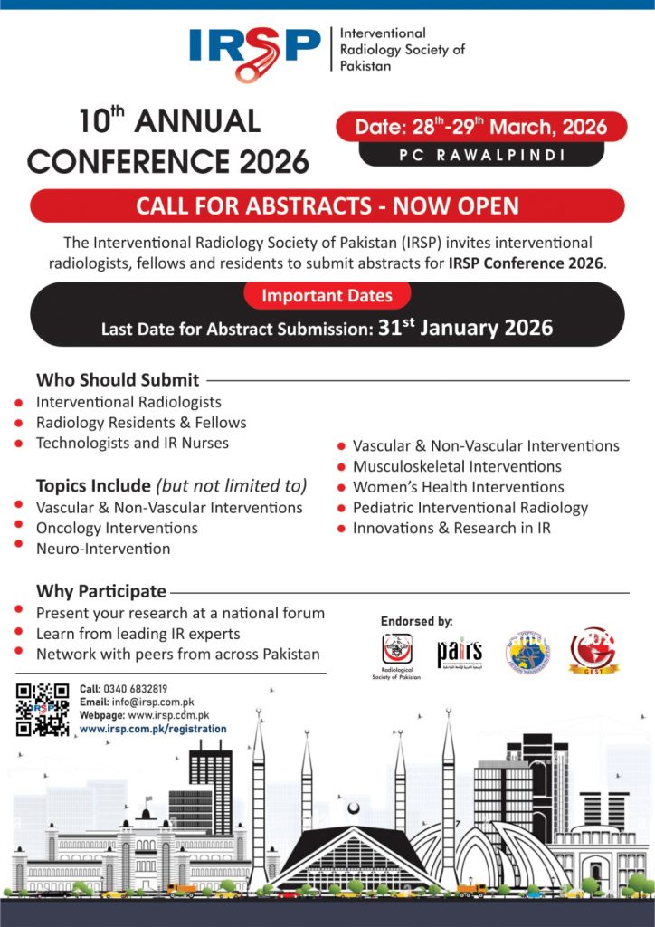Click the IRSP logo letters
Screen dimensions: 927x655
click(x=254, y=44)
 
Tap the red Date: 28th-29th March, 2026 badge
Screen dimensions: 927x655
click(x=480, y=126)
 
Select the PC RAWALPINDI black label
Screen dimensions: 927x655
click(x=481, y=155)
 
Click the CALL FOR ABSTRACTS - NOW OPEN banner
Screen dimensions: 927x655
click(x=327, y=205)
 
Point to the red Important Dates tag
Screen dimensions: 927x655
click(x=327, y=295)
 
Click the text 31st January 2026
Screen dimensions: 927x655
click(x=463, y=327)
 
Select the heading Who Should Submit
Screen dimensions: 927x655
click(x=118, y=380)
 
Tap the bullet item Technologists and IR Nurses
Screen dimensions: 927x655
click(x=132, y=444)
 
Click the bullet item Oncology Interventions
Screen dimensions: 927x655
click(x=117, y=528)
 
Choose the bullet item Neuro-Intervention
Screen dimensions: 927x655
click(x=103, y=549)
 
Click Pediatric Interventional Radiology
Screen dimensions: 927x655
click(x=470, y=508)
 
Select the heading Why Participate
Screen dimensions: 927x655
click(x=101, y=591)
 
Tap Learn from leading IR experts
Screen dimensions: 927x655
click(x=138, y=634)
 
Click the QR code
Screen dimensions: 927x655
click(x=43, y=709)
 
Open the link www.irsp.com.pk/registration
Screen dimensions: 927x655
click(x=153, y=729)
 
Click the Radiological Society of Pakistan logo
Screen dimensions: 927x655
click(x=396, y=650)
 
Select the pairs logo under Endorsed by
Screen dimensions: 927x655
click(x=460, y=652)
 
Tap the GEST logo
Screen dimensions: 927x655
click(x=593, y=650)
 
